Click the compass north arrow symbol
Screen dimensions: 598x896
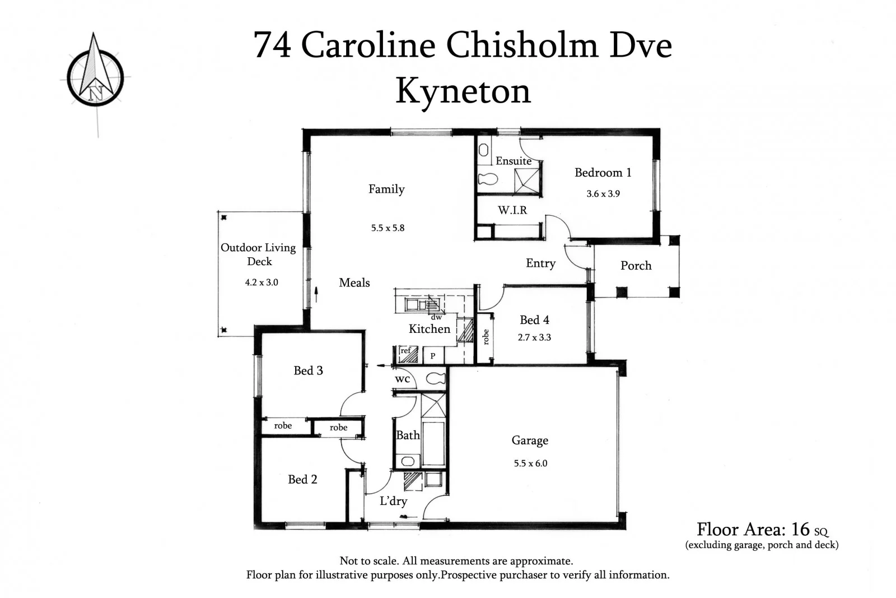[95, 70]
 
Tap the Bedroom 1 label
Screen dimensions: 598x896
[603, 173]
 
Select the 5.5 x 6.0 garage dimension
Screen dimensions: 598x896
[530, 463]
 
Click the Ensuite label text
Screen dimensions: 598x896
[513, 161]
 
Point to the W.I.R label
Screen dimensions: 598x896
[512, 210]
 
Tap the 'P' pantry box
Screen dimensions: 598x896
[432, 356]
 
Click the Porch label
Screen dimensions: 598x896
[636, 266]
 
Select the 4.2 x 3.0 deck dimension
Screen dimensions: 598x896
[261, 282]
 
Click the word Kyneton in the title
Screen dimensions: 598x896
[463, 91]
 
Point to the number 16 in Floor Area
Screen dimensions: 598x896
[800, 529]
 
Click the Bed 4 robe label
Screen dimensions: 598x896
[486, 337]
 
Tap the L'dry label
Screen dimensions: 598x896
[393, 501]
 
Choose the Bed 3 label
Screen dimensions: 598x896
[308, 370]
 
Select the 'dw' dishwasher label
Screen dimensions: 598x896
[436, 317]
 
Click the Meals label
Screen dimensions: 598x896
[354, 283]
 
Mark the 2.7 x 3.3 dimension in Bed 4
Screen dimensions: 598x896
[534, 337]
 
